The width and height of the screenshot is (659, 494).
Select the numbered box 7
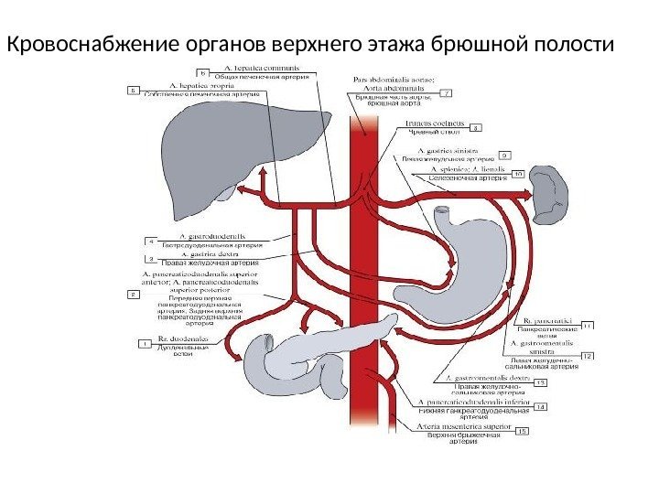pos(447,92)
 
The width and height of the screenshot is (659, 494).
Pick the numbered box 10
pos(517,173)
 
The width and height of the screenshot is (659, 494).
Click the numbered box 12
pos(588,355)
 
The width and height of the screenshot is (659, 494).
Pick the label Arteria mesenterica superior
pos(466,425)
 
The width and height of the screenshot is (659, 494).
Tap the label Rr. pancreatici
pos(547,321)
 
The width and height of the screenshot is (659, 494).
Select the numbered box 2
pos(134,295)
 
